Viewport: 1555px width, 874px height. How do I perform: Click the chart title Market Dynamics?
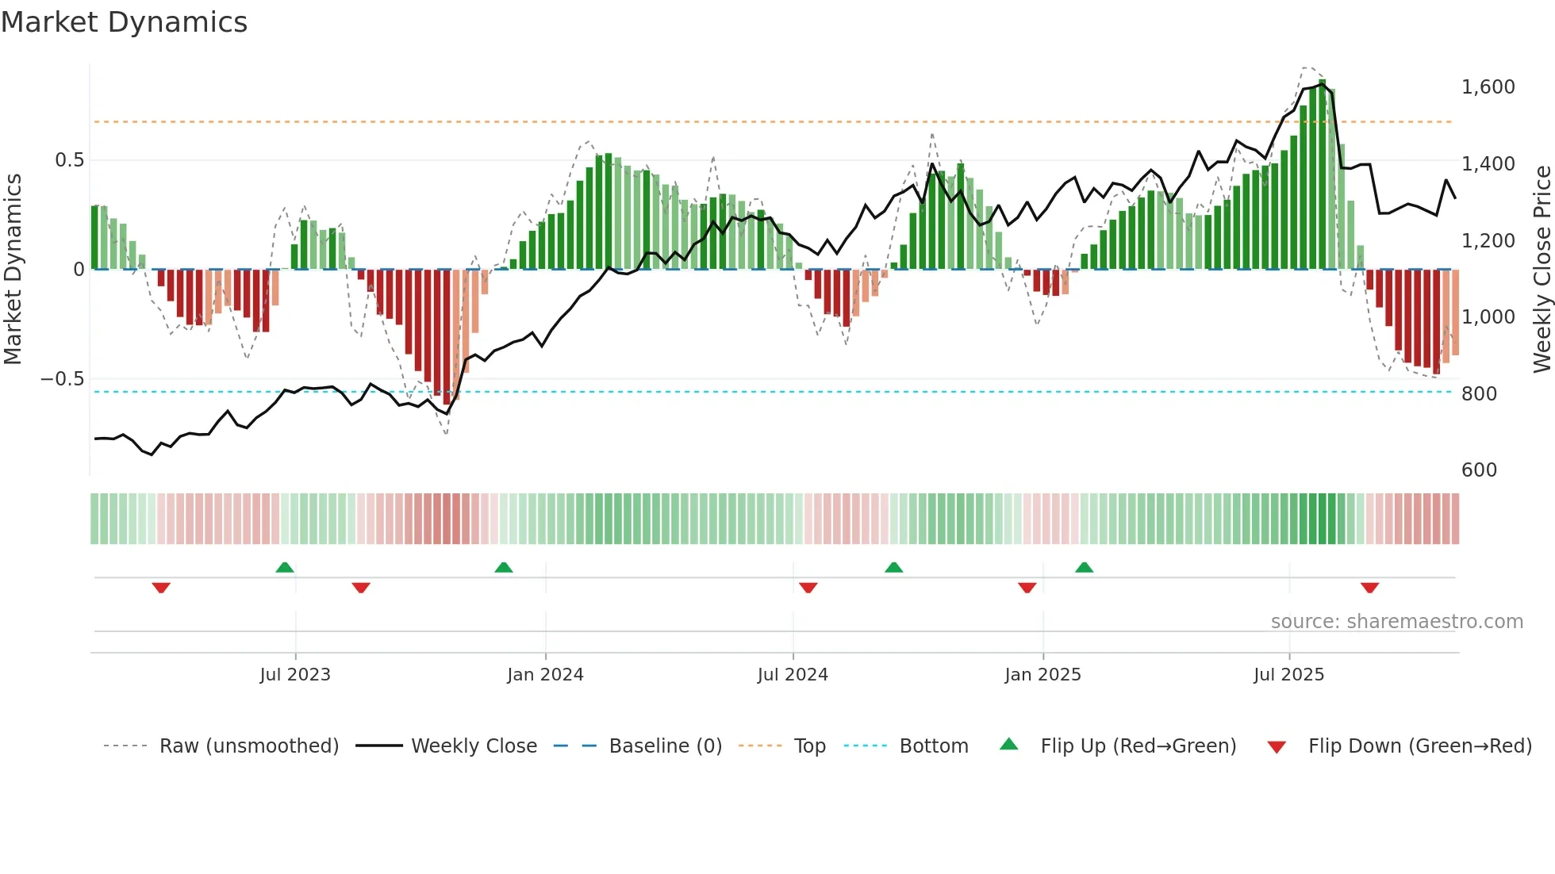pos(124,22)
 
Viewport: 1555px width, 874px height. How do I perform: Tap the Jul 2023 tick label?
pos(294,675)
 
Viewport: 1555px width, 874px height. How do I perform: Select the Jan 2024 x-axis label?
pos(545,675)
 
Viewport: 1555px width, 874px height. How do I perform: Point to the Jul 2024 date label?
pos(793,675)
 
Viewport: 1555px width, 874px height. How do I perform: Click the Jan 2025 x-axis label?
pos(1042,675)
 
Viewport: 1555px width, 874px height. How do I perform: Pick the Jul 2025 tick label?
pos(1288,675)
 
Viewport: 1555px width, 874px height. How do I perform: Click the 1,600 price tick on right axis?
pos(1488,87)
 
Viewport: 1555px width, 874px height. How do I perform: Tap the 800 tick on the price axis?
pos(1479,394)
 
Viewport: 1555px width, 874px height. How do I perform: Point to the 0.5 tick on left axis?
pos(69,160)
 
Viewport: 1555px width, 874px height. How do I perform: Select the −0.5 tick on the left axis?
pos(63,379)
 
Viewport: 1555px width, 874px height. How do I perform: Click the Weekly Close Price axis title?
pos(1542,269)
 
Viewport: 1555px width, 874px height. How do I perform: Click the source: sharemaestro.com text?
pos(1396,622)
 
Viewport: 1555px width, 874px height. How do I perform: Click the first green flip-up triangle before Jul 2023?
pos(285,567)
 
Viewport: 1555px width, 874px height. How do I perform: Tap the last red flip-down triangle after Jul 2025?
pos(1369,588)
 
